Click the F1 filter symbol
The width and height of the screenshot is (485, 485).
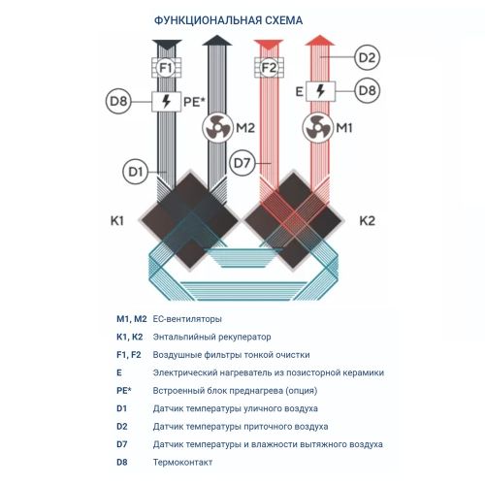click(166, 68)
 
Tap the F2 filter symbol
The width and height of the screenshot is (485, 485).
click(269, 68)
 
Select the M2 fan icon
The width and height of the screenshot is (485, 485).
click(217, 128)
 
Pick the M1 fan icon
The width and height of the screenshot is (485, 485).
click(318, 128)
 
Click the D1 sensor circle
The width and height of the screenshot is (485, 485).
click(136, 172)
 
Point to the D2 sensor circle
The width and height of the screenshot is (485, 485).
click(367, 57)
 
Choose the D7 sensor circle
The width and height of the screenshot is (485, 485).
click(242, 163)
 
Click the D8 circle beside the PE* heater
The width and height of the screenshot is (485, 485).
click(118, 101)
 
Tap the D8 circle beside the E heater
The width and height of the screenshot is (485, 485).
click(367, 90)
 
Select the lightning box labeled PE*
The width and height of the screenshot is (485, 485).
click(166, 102)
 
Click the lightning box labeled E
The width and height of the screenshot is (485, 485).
click(320, 91)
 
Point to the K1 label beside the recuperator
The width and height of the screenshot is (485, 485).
click(117, 221)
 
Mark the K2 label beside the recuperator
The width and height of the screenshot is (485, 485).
click(368, 221)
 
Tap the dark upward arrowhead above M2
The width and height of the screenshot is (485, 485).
click(217, 41)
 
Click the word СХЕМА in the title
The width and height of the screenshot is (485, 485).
click(284, 20)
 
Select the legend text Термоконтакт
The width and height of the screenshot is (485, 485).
click(182, 463)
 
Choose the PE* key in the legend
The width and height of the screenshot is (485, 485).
click(124, 391)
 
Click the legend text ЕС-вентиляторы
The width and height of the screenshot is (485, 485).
click(187, 319)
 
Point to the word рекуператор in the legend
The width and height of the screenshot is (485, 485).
click(244, 338)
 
